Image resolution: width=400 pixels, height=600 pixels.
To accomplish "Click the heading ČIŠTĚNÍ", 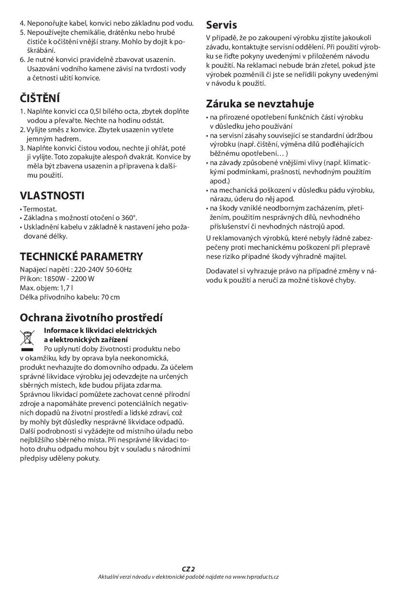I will tap(40, 98).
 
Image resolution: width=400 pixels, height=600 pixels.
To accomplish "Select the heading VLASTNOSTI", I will tap(52, 195).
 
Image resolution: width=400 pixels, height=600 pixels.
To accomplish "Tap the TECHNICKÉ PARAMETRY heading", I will tap(81, 256).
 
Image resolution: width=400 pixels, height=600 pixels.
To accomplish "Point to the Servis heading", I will tap(222, 25).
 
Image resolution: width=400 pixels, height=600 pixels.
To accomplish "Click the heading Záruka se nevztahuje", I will tap(260, 104).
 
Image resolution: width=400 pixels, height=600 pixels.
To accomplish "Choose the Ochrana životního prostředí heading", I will tap(91, 317).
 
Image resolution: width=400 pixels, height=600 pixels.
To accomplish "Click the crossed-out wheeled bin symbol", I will tap(27, 338).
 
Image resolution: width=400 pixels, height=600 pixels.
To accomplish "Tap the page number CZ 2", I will tap(188, 569).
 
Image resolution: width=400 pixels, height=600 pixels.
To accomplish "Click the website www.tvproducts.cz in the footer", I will tap(255, 576).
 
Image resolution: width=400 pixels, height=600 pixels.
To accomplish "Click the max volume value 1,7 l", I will tap(67, 288).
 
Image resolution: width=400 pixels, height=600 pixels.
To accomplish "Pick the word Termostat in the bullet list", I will tap(40, 209).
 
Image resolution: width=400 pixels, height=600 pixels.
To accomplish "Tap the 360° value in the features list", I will tap(129, 218).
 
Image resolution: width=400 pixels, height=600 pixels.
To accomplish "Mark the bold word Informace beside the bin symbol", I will tap(62, 330).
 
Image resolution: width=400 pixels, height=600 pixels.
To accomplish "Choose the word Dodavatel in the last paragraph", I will tap(222, 271).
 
